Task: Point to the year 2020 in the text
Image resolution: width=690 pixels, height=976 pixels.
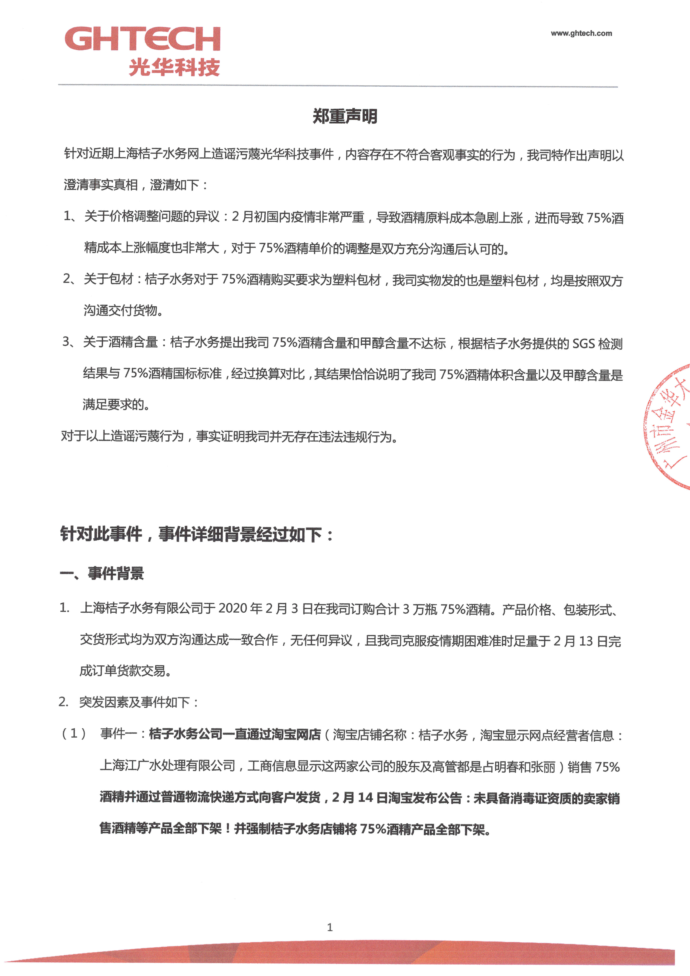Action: tap(233, 609)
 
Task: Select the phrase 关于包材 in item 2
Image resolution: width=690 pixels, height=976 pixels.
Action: tap(108, 279)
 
